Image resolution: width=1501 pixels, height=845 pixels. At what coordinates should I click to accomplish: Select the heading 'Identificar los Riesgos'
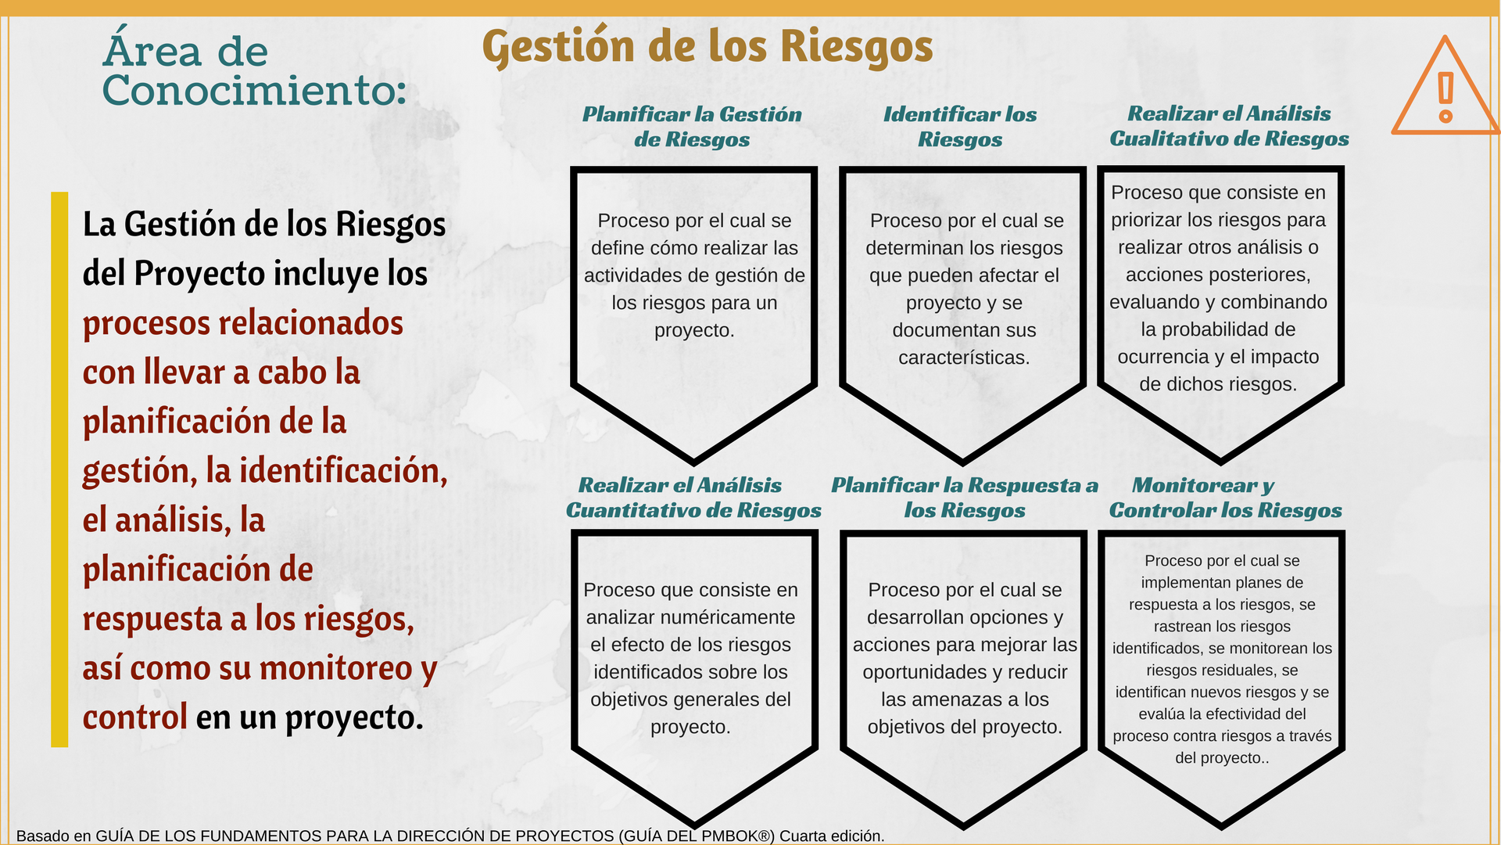coord(960,127)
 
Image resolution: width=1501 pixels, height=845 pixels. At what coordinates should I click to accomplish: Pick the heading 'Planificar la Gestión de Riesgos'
coord(692,127)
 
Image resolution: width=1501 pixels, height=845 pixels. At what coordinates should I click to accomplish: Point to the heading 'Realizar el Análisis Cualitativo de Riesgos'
coord(1229,126)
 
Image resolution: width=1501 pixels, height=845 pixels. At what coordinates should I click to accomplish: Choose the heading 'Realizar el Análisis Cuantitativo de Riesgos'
coord(693,498)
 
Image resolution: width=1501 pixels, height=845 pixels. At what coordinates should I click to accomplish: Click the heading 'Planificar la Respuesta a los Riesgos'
coord(965,498)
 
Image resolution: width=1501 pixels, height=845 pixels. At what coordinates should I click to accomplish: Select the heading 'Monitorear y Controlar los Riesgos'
coord(1225,498)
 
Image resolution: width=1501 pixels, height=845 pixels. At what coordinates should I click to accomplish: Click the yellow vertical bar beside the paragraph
coord(59,469)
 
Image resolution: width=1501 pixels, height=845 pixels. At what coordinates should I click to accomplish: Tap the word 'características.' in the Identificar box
coord(964,358)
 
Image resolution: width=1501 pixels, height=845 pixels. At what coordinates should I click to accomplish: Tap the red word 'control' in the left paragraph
coord(135,717)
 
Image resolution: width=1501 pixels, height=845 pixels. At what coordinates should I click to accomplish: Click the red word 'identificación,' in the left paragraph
coord(343,471)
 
